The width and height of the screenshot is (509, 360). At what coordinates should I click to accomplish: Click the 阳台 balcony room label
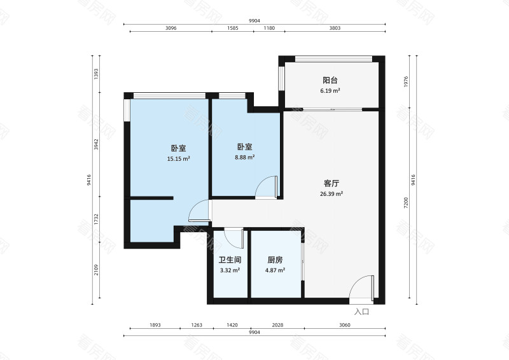[x=330, y=80]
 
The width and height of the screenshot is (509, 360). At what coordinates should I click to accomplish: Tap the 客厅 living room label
[x=331, y=183]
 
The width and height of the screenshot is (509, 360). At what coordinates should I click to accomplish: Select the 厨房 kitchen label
[x=275, y=260]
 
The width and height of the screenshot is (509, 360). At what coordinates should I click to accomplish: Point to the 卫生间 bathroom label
[x=230, y=260]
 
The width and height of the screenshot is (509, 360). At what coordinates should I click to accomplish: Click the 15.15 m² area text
[x=178, y=159]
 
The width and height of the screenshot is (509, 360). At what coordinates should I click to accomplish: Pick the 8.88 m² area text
[x=245, y=158]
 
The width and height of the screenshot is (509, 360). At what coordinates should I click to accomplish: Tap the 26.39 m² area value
[x=331, y=194]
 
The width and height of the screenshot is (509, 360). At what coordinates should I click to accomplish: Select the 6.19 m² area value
[x=330, y=91]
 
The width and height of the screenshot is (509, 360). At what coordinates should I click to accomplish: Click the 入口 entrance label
[x=361, y=312]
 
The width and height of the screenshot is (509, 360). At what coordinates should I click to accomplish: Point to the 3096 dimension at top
[x=171, y=28]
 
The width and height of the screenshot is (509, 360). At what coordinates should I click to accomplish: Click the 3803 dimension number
[x=335, y=28]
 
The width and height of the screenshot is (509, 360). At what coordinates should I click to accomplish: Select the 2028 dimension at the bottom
[x=277, y=325]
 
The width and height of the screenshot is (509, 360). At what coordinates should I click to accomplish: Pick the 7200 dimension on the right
[x=406, y=203]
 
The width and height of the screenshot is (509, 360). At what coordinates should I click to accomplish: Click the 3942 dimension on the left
[x=96, y=144]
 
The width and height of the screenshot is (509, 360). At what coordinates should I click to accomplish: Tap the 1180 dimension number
[x=269, y=28]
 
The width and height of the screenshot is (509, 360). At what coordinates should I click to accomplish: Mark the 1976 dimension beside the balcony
[x=406, y=82]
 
